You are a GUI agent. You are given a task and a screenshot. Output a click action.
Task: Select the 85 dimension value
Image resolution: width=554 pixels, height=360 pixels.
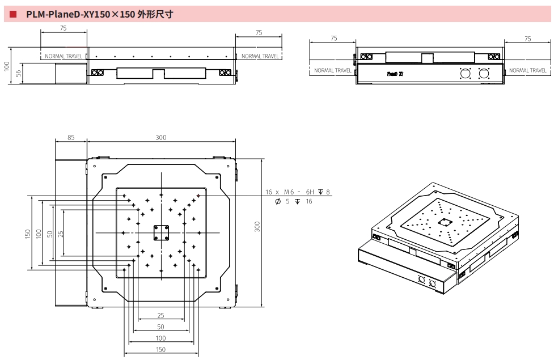(x=70, y=138)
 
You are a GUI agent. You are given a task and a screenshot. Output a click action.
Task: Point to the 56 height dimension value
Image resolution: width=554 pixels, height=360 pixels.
(x=19, y=72)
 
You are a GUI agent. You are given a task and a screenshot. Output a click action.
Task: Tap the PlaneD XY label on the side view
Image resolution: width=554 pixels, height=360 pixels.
(x=395, y=74)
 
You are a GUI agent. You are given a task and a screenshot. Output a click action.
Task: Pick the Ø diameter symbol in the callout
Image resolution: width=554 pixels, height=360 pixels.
(x=277, y=201)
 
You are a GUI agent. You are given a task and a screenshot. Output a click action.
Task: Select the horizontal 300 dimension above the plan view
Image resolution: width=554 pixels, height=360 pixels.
(x=161, y=138)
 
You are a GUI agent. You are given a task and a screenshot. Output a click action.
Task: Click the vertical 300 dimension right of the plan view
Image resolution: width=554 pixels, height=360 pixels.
(x=257, y=227)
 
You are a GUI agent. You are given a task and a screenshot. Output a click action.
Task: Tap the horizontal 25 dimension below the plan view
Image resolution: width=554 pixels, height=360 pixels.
(x=160, y=315)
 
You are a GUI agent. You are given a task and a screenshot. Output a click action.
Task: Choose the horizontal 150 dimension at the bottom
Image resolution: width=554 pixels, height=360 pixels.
(x=161, y=350)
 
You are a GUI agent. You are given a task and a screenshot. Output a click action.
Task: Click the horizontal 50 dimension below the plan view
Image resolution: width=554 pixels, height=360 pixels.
(x=160, y=327)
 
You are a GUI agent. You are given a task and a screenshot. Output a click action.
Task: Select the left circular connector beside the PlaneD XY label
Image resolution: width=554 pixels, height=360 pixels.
(x=466, y=74)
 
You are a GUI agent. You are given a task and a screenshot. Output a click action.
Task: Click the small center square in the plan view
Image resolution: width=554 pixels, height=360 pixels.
(x=161, y=233)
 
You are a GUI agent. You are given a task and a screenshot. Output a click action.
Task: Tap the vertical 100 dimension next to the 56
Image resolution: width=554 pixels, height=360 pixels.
(x=7, y=66)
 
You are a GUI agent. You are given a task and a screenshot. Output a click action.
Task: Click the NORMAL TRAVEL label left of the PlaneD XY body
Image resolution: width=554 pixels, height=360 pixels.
(x=333, y=70)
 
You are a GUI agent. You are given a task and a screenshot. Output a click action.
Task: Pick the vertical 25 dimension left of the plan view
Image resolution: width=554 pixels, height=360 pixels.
(x=61, y=234)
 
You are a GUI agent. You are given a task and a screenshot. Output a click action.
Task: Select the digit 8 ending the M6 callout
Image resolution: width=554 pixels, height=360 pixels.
(x=328, y=192)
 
